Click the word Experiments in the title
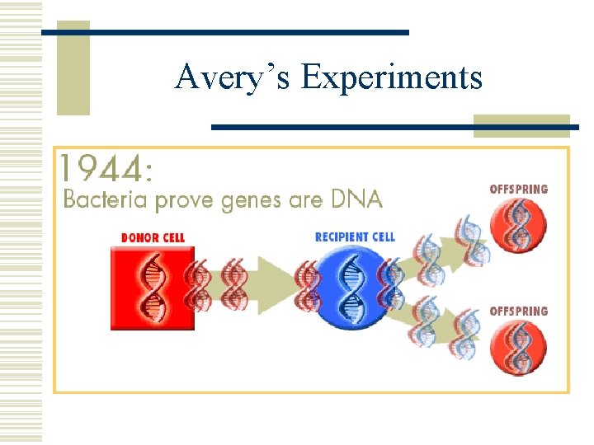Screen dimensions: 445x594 click(392, 77)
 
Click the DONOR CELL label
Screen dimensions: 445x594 click(153, 237)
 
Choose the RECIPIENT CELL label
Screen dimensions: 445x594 click(355, 237)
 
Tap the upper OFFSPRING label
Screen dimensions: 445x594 click(518, 189)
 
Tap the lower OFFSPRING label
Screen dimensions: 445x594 click(518, 311)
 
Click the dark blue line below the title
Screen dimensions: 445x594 click(394, 127)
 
